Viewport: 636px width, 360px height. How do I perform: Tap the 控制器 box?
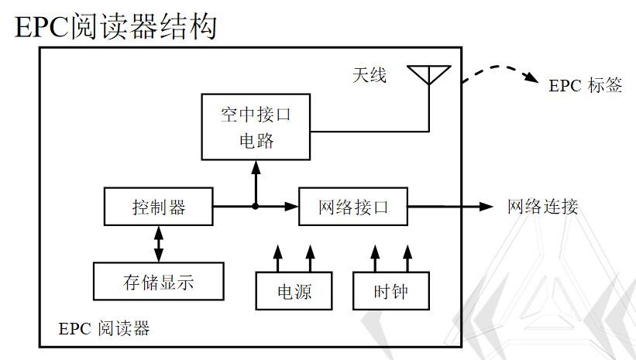(x=158, y=207)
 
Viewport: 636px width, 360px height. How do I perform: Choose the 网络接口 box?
(x=352, y=207)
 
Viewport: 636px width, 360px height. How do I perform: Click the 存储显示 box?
(x=158, y=282)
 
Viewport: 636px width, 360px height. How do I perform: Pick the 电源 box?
(x=294, y=292)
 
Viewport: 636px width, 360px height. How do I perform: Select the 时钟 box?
(x=390, y=292)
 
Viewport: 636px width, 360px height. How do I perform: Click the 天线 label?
(x=370, y=75)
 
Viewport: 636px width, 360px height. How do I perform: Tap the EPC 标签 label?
(x=585, y=85)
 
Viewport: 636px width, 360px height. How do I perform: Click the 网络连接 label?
(x=542, y=207)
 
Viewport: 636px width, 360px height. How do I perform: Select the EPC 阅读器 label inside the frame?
(x=104, y=328)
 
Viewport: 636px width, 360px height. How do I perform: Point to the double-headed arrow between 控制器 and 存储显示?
(x=158, y=244)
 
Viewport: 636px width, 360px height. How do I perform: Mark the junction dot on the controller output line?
(x=256, y=207)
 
